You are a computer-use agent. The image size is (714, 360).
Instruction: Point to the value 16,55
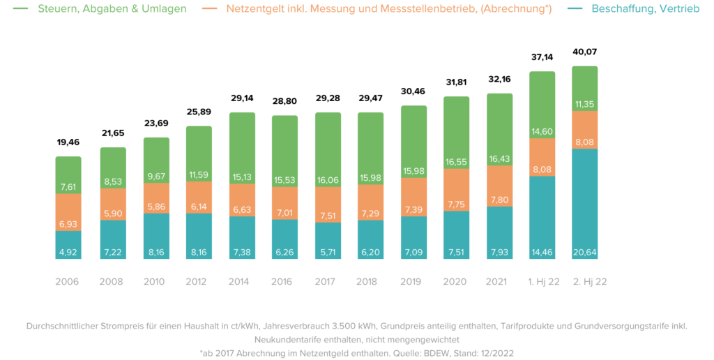point(456,162)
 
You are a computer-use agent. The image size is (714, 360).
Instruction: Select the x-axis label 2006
point(68,282)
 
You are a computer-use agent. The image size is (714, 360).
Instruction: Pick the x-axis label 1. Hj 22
point(542,282)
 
